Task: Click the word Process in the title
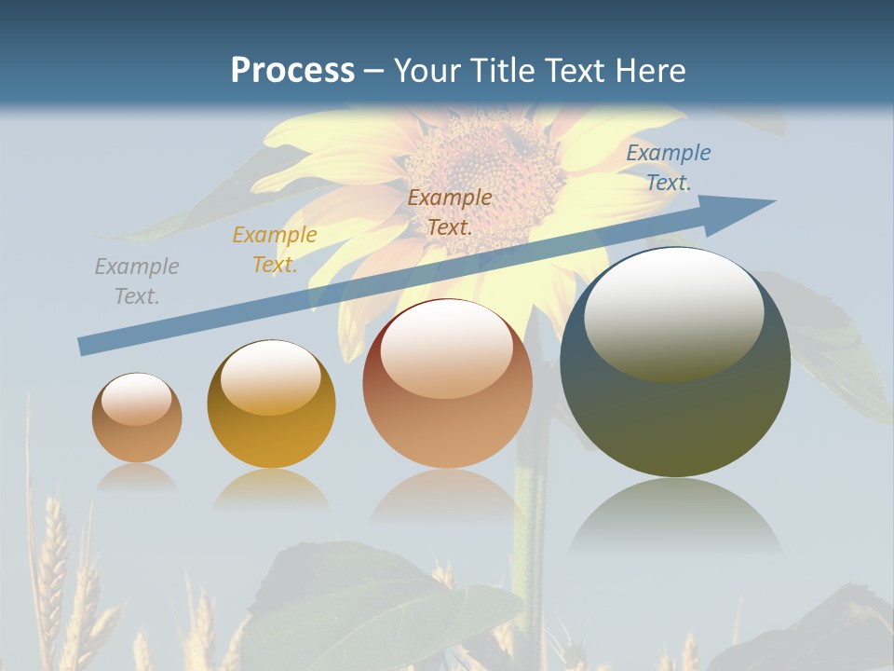(x=292, y=71)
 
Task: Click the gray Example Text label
(x=137, y=281)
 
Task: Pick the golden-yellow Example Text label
(x=275, y=250)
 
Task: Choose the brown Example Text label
(x=450, y=212)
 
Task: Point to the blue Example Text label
(x=669, y=168)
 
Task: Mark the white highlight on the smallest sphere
(x=137, y=399)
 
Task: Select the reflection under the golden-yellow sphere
(x=271, y=489)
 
